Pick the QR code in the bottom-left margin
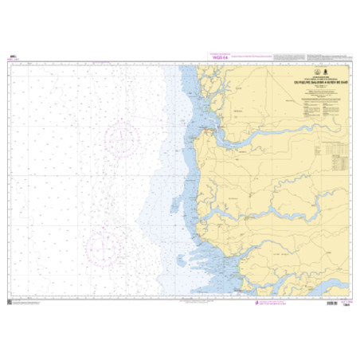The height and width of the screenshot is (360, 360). coord(10,303)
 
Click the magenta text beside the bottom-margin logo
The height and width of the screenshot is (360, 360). coord(275,303)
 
